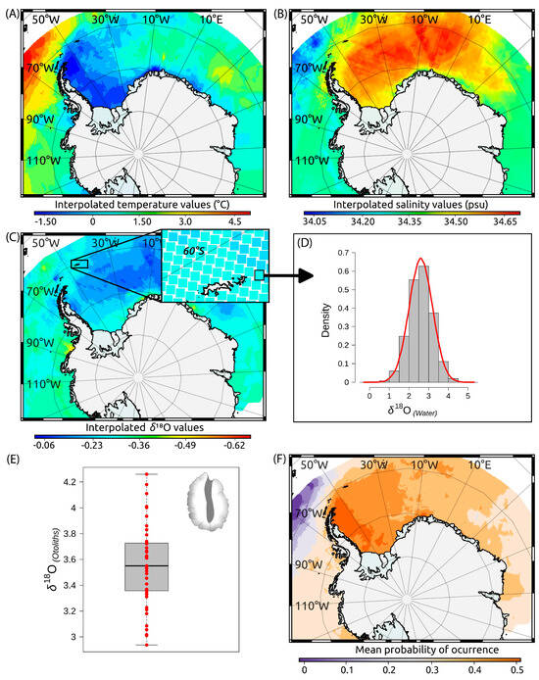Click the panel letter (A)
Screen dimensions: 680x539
point(12,12)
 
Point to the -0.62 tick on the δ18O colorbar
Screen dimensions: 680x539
point(236,442)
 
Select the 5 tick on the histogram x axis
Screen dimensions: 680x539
point(468,396)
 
